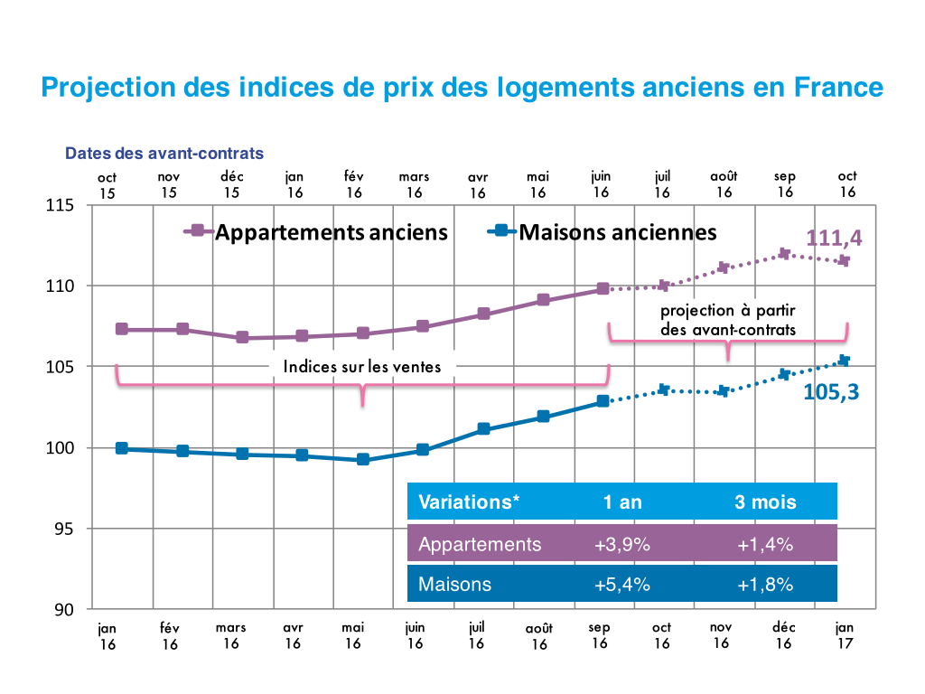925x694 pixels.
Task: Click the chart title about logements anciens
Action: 462,88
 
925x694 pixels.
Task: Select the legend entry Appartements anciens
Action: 331,232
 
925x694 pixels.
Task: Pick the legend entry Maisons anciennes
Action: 617,232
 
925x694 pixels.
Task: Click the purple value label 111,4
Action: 833,238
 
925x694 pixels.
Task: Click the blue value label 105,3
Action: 830,392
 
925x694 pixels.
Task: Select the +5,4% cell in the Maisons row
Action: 622,584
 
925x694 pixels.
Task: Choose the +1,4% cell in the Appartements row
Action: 764,544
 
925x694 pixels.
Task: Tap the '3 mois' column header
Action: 764,502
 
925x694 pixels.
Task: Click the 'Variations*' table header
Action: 469,502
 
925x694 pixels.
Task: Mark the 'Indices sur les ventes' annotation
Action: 362,366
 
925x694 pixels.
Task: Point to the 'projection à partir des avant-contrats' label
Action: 728,320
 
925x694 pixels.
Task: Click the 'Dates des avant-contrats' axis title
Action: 164,154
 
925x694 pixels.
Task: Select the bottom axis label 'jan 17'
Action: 845,635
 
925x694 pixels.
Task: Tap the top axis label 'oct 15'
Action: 107,184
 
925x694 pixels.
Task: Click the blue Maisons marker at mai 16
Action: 363,459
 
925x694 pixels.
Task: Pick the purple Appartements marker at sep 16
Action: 603,289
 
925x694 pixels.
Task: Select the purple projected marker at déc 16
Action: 784,254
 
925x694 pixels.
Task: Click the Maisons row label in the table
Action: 454,584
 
